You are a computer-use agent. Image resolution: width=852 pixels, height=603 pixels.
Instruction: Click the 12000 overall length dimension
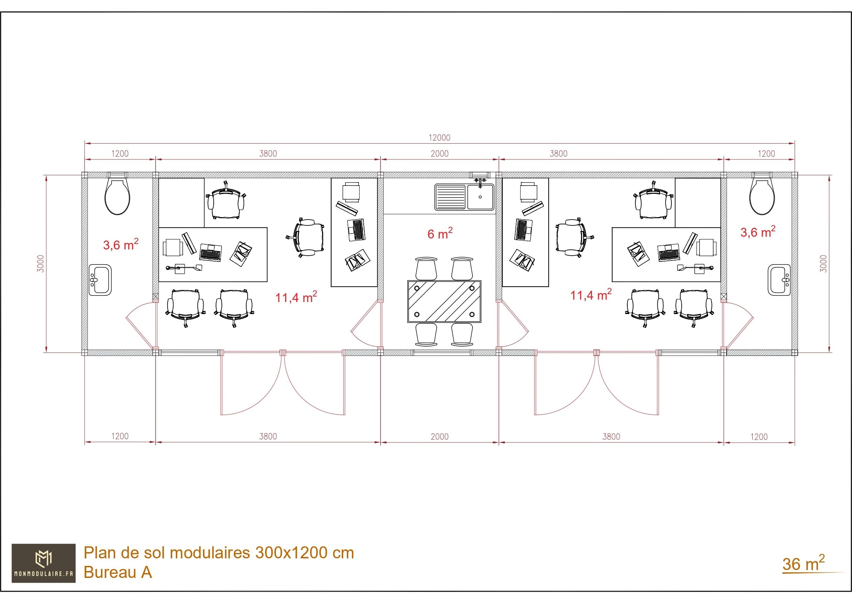coord(439,138)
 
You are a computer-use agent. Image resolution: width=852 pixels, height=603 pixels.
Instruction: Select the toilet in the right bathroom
coord(762,195)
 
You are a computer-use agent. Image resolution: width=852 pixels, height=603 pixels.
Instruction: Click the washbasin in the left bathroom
coord(100,280)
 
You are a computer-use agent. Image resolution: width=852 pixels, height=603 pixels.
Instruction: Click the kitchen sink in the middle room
coord(465,197)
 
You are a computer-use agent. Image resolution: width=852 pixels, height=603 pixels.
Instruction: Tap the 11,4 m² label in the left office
coord(296,297)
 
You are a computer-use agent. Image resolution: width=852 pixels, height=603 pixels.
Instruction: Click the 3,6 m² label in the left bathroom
coord(121,245)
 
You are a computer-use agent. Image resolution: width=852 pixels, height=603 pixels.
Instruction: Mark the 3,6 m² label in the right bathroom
coord(758,232)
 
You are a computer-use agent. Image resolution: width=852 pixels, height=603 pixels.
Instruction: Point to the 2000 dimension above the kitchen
coord(439,154)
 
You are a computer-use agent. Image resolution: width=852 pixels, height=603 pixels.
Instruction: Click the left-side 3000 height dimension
coord(41,264)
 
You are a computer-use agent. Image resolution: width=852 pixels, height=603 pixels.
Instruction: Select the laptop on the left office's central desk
coord(211,252)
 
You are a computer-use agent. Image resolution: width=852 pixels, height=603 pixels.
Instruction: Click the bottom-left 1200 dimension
coord(120,436)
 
